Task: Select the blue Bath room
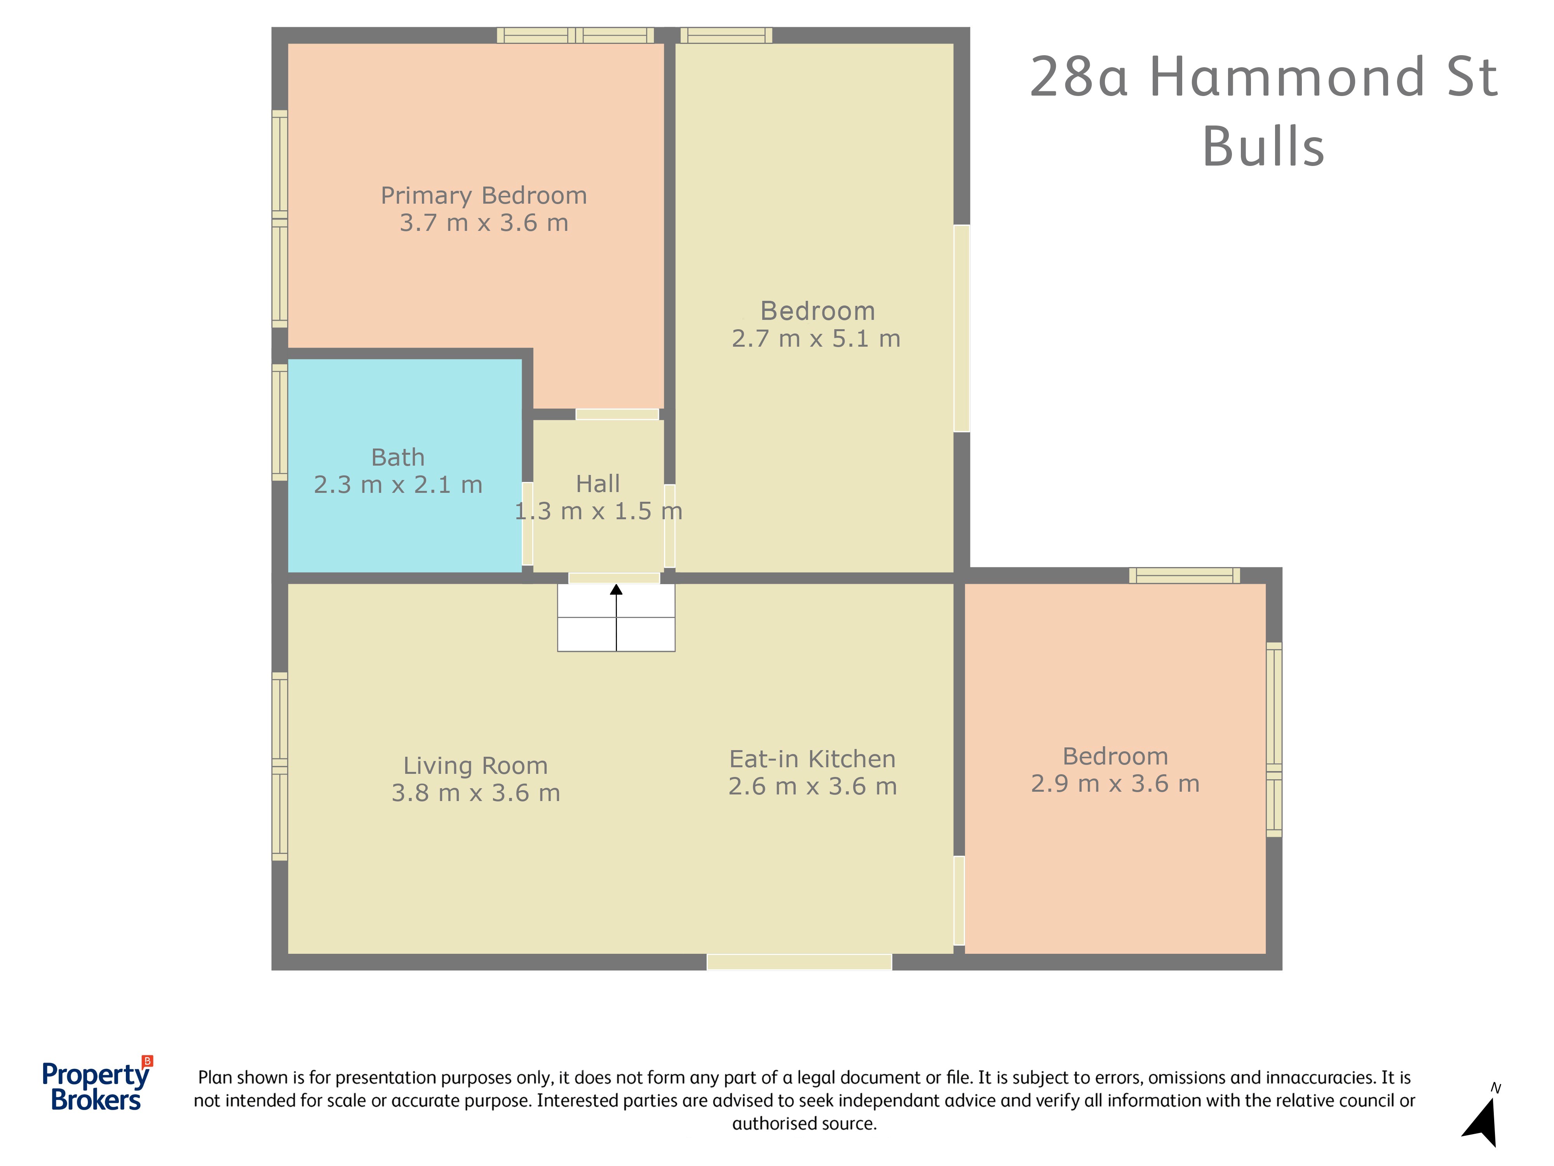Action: pyautogui.click(x=405, y=465)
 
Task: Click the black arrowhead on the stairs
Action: pyautogui.click(x=616, y=589)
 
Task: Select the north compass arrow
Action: pyautogui.click(x=1483, y=1122)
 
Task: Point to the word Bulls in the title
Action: pyautogui.click(x=1263, y=147)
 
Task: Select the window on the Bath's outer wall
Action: pyautogui.click(x=280, y=422)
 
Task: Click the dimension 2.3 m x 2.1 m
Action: pyautogui.click(x=398, y=485)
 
